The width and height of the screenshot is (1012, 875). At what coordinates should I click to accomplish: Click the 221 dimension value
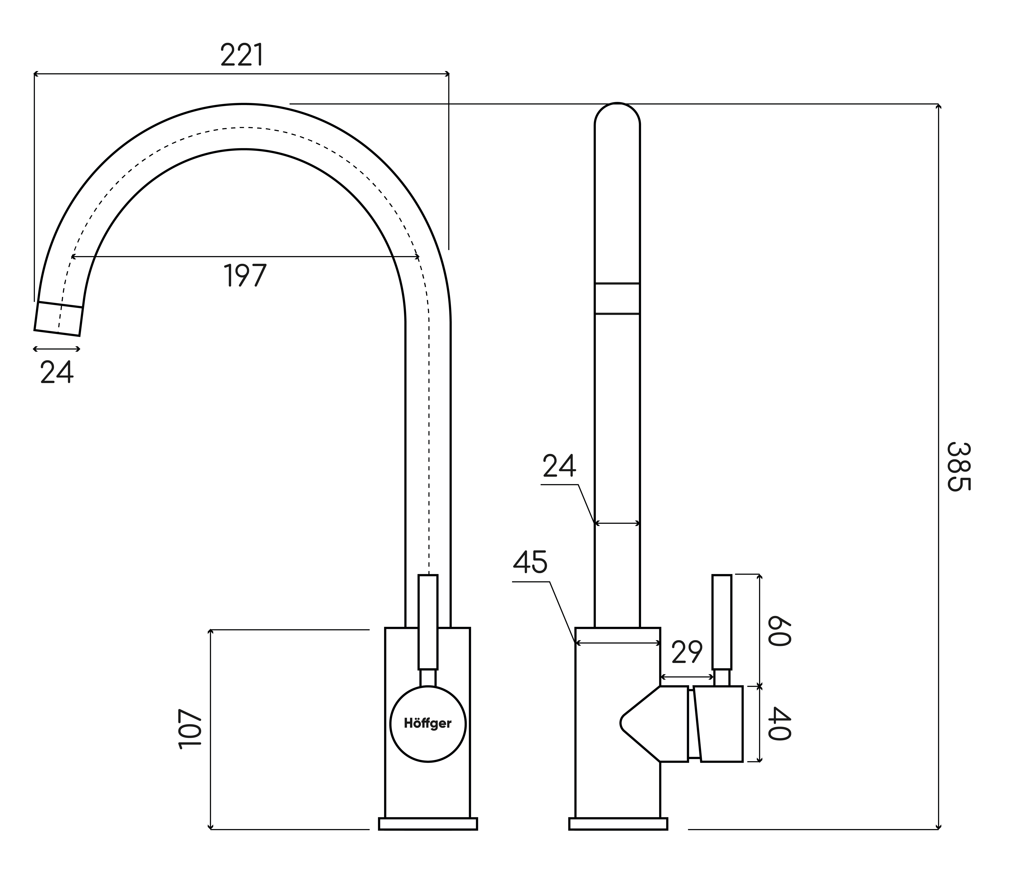[242, 55]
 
